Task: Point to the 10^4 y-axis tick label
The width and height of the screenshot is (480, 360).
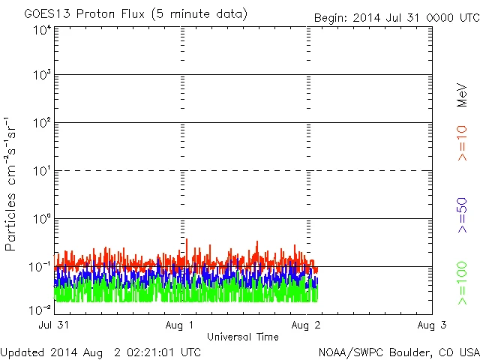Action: pyautogui.click(x=41, y=30)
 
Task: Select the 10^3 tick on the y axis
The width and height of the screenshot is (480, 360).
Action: pyautogui.click(x=41, y=76)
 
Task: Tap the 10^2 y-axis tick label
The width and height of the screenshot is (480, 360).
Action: pyautogui.click(x=41, y=123)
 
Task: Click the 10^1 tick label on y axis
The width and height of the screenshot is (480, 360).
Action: pyautogui.click(x=41, y=171)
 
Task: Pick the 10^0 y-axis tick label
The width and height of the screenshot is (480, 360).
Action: pyautogui.click(x=41, y=219)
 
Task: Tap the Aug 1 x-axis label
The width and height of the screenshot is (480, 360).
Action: pyautogui.click(x=181, y=325)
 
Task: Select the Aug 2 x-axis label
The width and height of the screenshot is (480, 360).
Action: pyautogui.click(x=307, y=325)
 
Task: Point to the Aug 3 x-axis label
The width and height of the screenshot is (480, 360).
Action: pyautogui.click(x=431, y=325)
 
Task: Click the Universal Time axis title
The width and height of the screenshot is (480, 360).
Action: pyautogui.click(x=243, y=337)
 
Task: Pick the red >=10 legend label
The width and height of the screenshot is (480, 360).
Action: pyautogui.click(x=462, y=143)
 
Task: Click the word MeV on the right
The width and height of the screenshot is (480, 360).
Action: pyautogui.click(x=462, y=95)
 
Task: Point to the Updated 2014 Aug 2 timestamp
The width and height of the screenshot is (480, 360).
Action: pyautogui.click(x=100, y=351)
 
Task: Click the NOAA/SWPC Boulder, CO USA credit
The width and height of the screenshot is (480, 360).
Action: pyautogui.click(x=397, y=351)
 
